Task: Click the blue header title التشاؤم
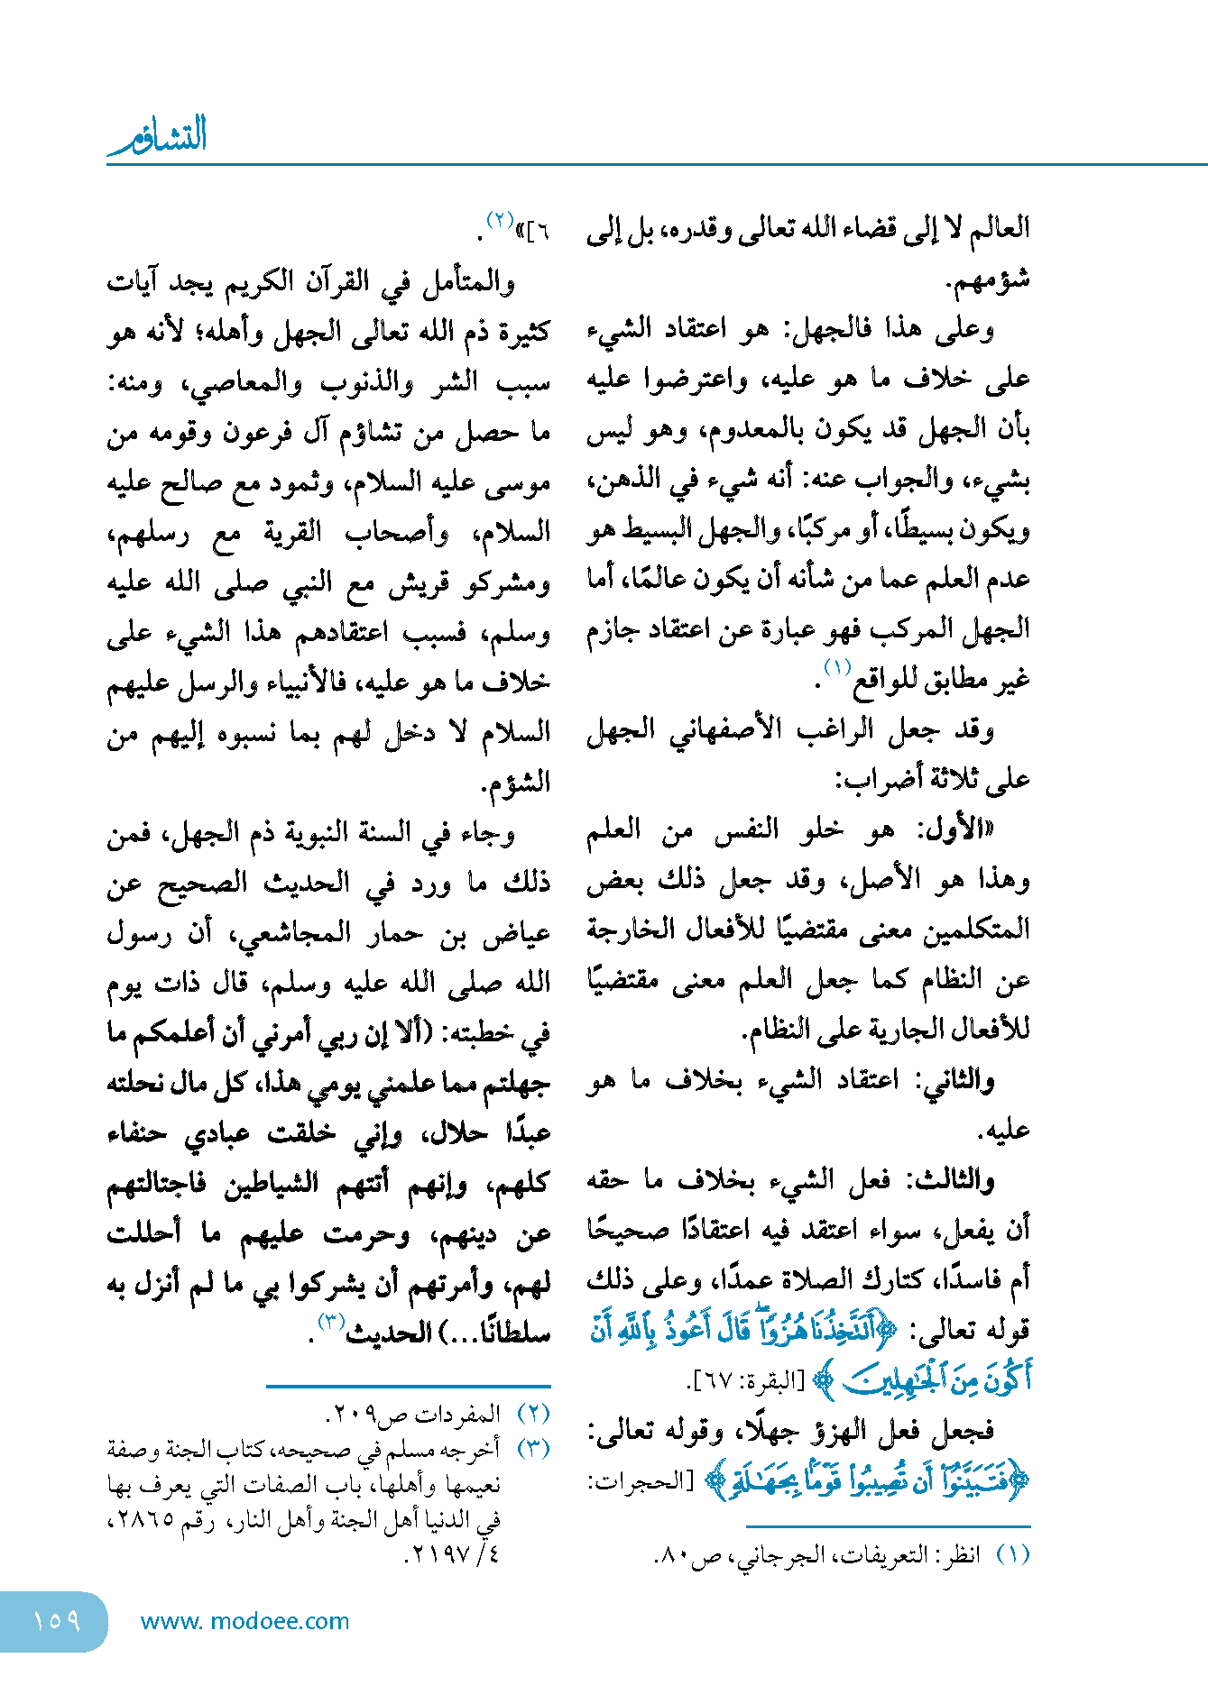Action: (x=158, y=135)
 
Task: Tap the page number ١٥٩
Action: (x=56, y=1620)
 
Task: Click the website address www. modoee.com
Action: (x=244, y=1621)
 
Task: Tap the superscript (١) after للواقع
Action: (x=837, y=668)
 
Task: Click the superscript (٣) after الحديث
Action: (x=332, y=1321)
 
